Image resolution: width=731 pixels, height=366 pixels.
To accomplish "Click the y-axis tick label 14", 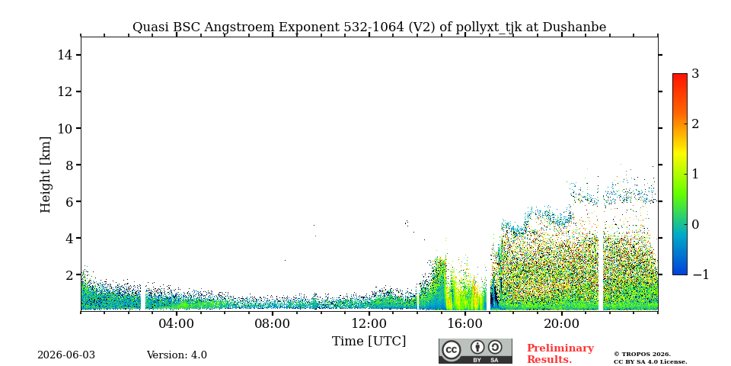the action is (65, 55).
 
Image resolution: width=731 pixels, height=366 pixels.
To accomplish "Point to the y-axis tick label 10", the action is (65, 128).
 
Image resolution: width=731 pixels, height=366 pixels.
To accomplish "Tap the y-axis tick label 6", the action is (69, 201).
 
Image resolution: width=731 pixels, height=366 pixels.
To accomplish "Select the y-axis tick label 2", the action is (69, 275).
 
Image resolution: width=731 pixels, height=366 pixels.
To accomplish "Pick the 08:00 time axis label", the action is (273, 323).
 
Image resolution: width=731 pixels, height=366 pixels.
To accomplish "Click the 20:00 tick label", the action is (561, 323).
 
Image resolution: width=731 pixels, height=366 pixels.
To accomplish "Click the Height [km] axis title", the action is (45, 175).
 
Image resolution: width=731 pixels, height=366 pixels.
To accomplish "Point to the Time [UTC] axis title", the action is (369, 342).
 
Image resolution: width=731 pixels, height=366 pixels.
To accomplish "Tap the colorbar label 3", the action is (695, 74).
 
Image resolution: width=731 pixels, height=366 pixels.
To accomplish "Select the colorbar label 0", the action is (695, 224).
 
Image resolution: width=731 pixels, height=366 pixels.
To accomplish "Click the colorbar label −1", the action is (701, 275).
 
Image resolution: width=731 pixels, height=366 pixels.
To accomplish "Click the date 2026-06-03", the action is (66, 355).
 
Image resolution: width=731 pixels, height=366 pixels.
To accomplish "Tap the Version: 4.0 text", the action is (177, 355).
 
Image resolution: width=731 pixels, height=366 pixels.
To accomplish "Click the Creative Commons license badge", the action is (475, 351).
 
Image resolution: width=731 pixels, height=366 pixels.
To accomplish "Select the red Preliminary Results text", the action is (560, 354).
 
